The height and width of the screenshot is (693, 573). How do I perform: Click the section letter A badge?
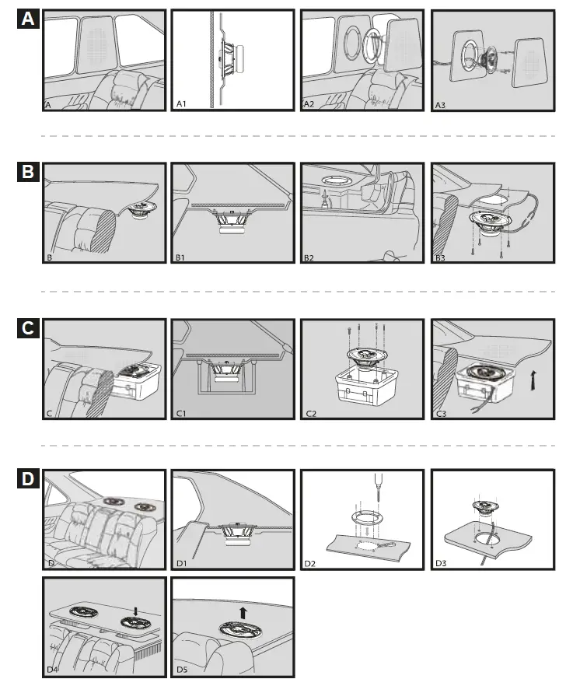click(x=28, y=19)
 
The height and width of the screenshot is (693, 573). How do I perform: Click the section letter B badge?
click(x=28, y=171)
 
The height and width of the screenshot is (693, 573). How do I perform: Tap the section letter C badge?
click(x=28, y=328)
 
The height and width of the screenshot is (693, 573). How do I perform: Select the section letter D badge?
click(x=28, y=479)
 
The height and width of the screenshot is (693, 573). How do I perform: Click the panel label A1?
click(x=181, y=104)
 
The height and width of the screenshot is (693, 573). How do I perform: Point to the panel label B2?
click(x=309, y=257)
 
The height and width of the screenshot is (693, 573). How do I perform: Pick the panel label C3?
click(x=441, y=414)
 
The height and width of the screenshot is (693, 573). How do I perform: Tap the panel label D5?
click(x=182, y=670)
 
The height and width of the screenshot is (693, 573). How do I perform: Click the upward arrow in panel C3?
click(x=534, y=380)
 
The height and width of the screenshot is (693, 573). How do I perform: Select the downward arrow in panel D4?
click(x=135, y=611)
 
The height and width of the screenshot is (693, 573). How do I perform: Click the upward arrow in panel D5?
click(x=243, y=613)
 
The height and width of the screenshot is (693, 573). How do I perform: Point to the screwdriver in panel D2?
click(x=379, y=487)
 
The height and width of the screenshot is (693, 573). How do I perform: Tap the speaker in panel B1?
click(x=231, y=221)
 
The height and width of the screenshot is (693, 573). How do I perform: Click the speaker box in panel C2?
click(x=367, y=387)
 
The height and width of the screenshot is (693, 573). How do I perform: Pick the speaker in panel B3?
click(x=490, y=222)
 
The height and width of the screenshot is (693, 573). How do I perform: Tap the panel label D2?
click(x=309, y=564)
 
